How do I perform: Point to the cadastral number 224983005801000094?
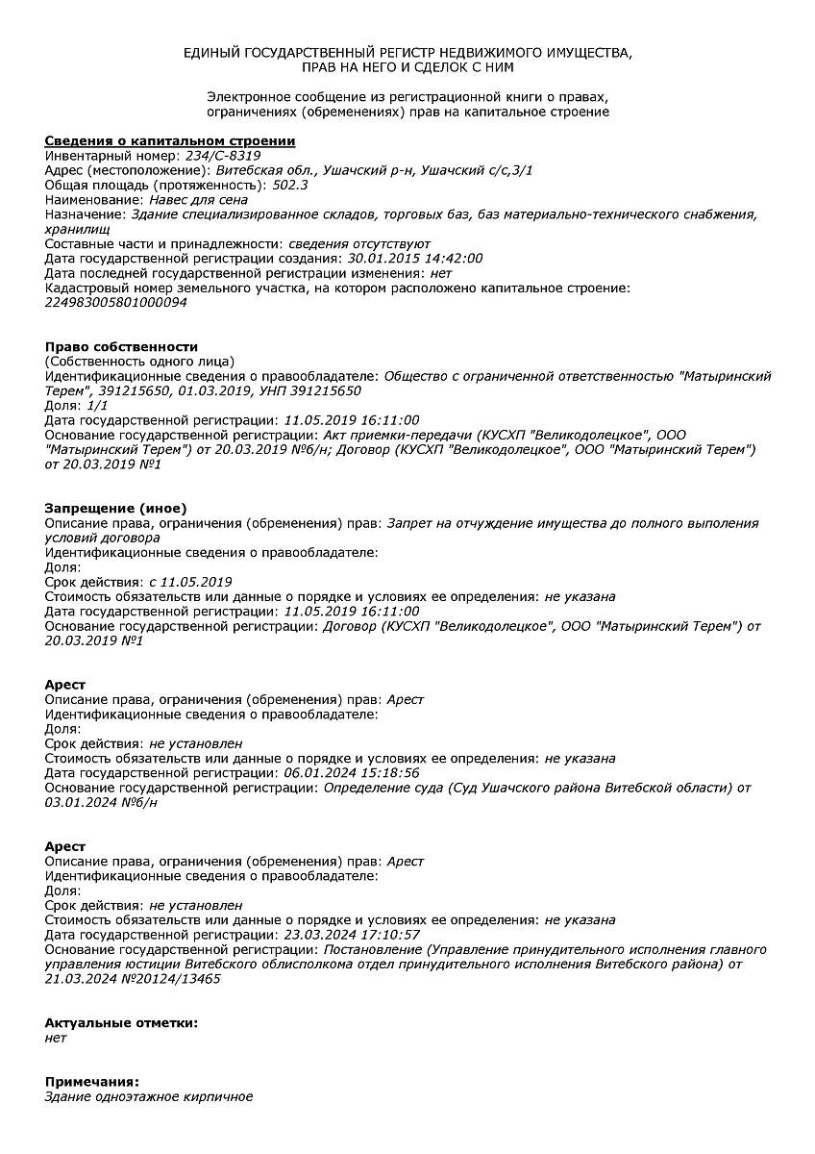pyautogui.click(x=116, y=303)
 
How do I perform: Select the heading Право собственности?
pyautogui.click(x=121, y=346)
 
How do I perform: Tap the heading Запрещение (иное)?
pyautogui.click(x=115, y=508)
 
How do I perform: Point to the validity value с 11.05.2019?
pyautogui.click(x=190, y=582)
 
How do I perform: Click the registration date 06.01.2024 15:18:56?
pyautogui.click(x=352, y=773)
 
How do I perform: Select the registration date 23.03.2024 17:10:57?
pyautogui.click(x=352, y=935)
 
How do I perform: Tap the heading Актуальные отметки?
pyautogui.click(x=121, y=1022)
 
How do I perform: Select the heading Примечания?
pyautogui.click(x=91, y=1082)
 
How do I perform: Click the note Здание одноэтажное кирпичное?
pyautogui.click(x=149, y=1097)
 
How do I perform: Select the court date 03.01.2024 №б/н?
pyautogui.click(x=101, y=803)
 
